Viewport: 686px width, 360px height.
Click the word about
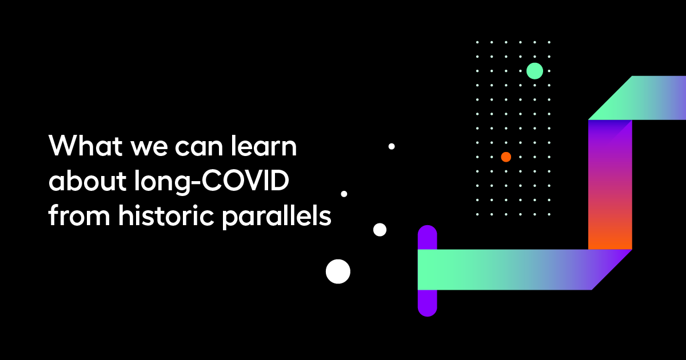click(81, 182)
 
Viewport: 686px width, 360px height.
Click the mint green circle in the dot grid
click(535, 71)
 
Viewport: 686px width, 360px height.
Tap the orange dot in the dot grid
click(506, 157)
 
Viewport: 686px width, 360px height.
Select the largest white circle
click(338, 271)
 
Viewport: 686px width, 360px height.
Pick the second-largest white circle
click(380, 230)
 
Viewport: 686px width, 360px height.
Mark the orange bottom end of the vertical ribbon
click(610, 237)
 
